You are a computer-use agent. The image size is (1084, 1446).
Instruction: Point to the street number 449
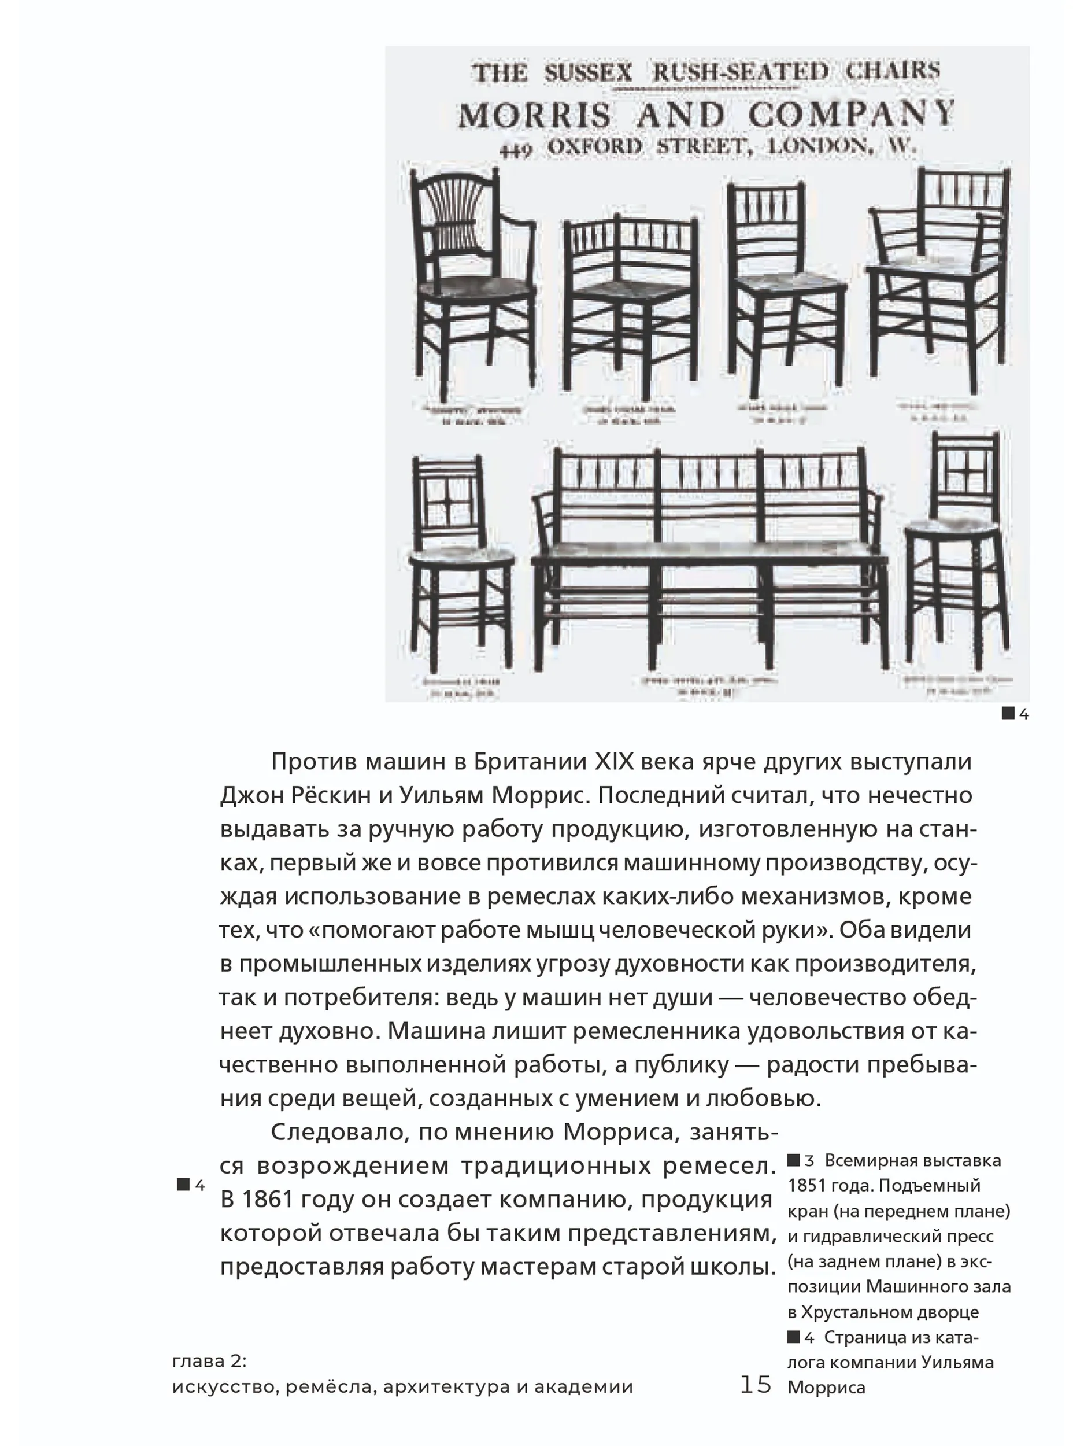pyautogui.click(x=516, y=150)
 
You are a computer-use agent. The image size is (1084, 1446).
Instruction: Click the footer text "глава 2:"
pyautogui.click(x=209, y=1361)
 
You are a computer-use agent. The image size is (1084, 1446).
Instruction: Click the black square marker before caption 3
pyautogui.click(x=793, y=1160)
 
